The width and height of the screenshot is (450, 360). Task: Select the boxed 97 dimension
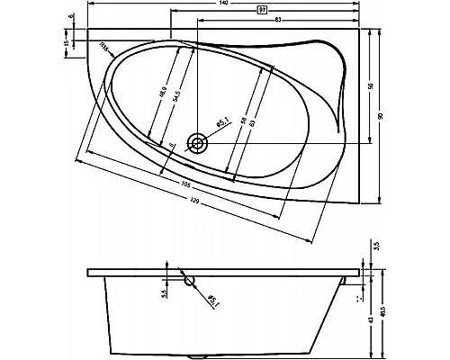[262, 12]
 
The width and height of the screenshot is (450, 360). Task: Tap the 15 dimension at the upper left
[66, 42]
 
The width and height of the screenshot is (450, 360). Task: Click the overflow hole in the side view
[189, 280]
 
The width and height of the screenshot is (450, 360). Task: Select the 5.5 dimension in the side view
[165, 293]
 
